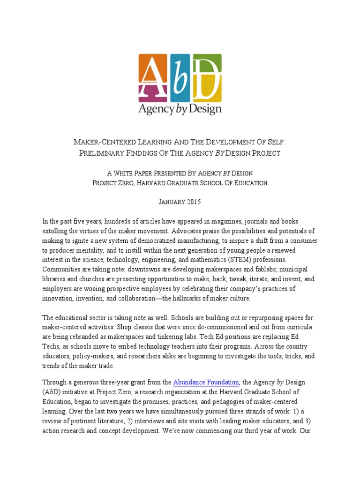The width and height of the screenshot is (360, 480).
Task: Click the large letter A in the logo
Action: pos(154,77)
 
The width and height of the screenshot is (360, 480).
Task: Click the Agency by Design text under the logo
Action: pos(180,109)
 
